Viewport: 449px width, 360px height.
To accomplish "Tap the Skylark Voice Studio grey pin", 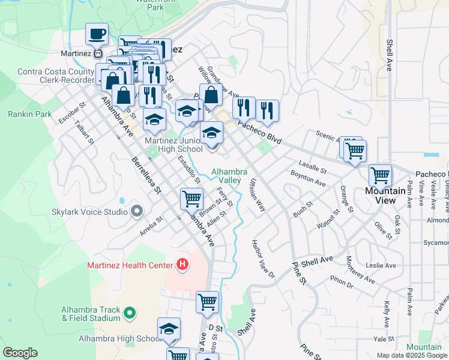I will pos(137,212).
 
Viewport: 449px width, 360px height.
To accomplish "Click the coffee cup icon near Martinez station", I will pos(97,34).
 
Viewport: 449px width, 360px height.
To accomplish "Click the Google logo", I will pos(20,353).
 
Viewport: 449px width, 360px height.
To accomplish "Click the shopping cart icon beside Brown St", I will pos(191,198).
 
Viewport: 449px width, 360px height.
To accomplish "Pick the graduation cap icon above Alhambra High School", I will pos(169,329).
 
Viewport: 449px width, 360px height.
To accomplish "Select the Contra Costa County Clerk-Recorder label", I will pos(56,75).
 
